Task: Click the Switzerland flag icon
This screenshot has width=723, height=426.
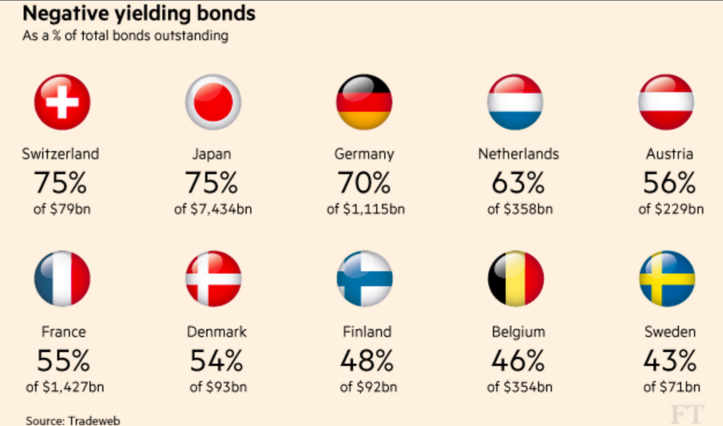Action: (62, 102)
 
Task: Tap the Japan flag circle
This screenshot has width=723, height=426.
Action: (213, 102)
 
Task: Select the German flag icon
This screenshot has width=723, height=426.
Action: (364, 102)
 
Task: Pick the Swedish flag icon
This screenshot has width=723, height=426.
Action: (667, 279)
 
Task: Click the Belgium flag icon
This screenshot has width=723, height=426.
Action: (515, 279)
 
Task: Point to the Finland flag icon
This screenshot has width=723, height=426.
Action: (364, 279)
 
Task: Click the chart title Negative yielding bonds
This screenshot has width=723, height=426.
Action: (139, 14)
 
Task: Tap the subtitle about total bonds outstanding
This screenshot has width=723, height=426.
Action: (125, 35)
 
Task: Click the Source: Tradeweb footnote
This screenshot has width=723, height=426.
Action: (73, 420)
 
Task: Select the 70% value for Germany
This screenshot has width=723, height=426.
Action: (364, 183)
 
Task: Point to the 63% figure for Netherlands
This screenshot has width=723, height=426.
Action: (518, 183)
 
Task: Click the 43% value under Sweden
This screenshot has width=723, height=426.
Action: (669, 359)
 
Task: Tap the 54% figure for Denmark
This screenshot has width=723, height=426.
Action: (216, 359)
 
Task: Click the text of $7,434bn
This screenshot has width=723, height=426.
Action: (213, 209)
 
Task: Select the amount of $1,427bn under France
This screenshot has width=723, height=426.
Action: (65, 387)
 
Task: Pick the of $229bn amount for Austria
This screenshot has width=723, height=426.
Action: (671, 209)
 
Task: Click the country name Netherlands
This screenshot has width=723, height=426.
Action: (518, 155)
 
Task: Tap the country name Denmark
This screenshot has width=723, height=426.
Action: (217, 331)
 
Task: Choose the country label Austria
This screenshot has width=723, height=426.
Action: (669, 155)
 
